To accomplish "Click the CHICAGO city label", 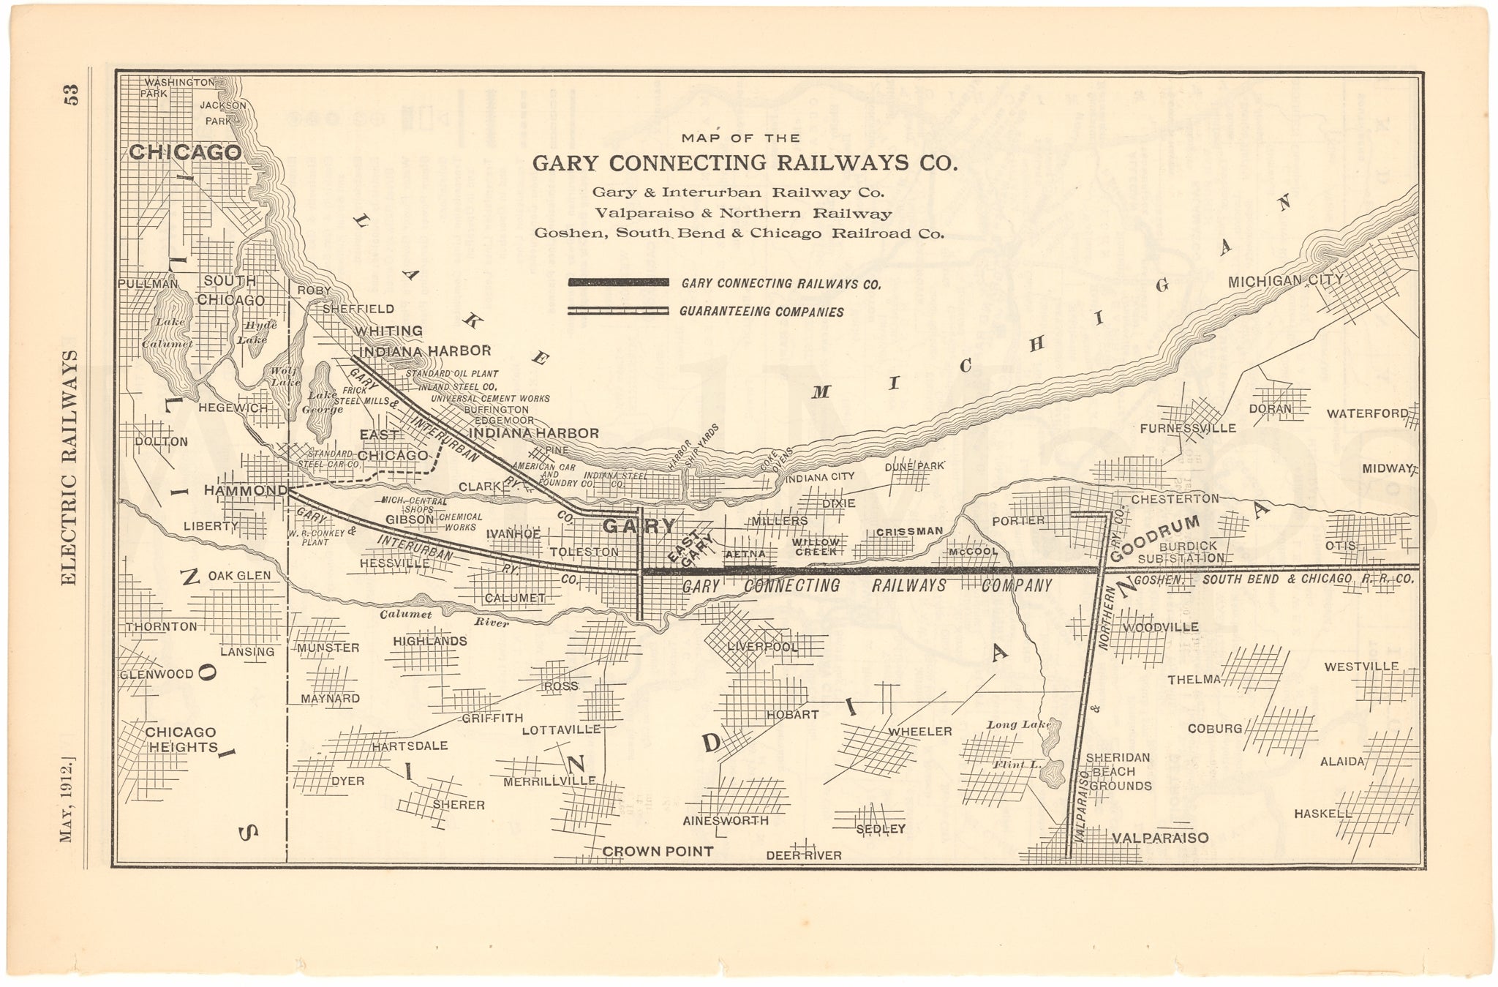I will coord(185,152).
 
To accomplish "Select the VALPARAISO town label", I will coord(1159,838).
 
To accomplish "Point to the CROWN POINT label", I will coord(657,851).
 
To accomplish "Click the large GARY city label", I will coord(639,525).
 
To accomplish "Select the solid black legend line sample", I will coord(618,282).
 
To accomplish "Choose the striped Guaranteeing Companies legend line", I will coord(618,311).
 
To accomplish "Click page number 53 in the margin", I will coord(71,96).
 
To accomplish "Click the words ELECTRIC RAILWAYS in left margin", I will coord(70,468).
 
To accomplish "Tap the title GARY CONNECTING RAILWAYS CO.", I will coord(744,162).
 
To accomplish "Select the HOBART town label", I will coord(792,714).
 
